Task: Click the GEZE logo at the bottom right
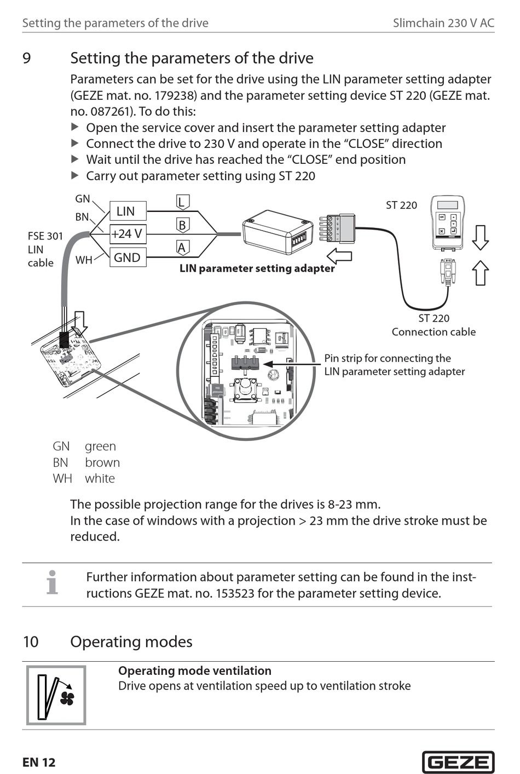pyautogui.click(x=458, y=762)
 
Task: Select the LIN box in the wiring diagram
pyautogui.click(x=128, y=211)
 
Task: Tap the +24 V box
pyautogui.click(x=128, y=234)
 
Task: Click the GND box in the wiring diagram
pyautogui.click(x=128, y=257)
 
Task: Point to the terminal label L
pyautogui.click(x=182, y=202)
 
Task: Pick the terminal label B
pyautogui.click(x=182, y=225)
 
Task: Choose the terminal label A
pyautogui.click(x=182, y=248)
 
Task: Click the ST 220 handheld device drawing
pyautogui.click(x=447, y=221)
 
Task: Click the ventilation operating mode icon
pyautogui.click(x=56, y=695)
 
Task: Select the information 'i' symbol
pyautogui.click(x=52, y=583)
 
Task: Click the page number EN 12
pyautogui.click(x=39, y=762)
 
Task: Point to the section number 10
pyautogui.click(x=31, y=641)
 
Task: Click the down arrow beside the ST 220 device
pyautogui.click(x=480, y=237)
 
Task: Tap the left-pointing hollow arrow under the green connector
pyautogui.click(x=339, y=256)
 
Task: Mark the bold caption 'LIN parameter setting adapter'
pyautogui.click(x=257, y=268)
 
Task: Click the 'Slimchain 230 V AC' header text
pyautogui.click(x=443, y=23)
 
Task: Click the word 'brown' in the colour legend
pyautogui.click(x=102, y=462)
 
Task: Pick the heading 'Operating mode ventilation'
pyautogui.click(x=194, y=670)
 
